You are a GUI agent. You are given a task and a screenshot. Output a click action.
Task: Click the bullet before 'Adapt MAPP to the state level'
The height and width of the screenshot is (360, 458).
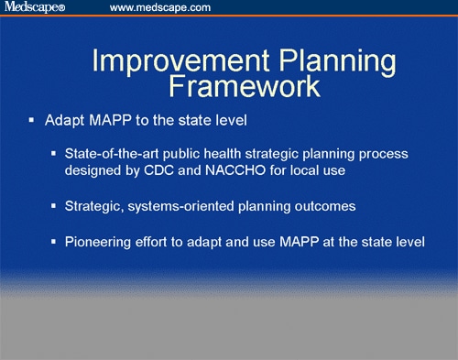[31, 121]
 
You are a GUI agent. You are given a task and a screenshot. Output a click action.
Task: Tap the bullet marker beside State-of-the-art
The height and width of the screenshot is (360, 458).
[54, 154]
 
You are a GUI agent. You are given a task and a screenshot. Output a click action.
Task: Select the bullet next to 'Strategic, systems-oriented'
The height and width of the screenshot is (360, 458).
[54, 207]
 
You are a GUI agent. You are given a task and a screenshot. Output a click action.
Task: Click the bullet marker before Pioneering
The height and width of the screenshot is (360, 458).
[54, 243]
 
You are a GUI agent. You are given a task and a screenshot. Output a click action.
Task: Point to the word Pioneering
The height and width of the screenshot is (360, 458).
[99, 243]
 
